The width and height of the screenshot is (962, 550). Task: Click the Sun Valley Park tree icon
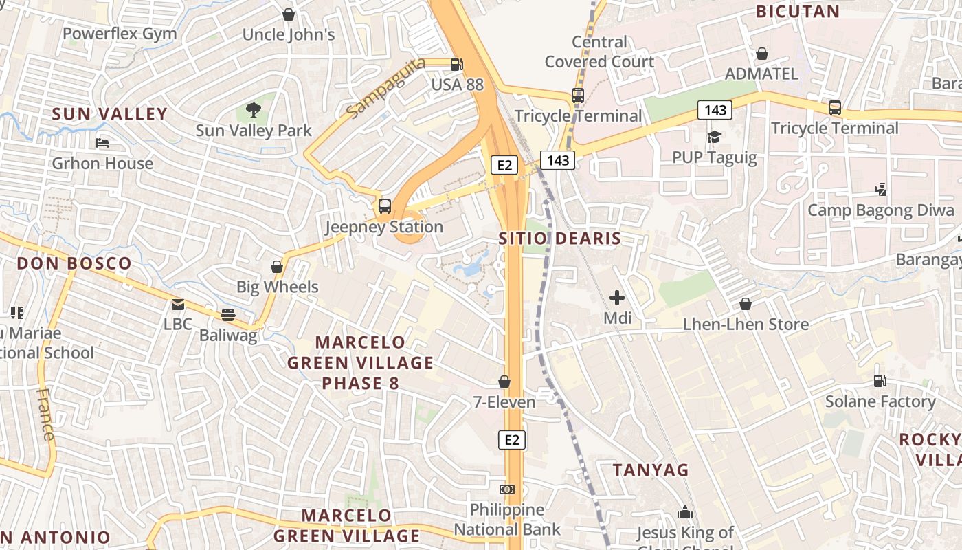(x=254, y=110)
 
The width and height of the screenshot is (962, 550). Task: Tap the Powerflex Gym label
(x=120, y=34)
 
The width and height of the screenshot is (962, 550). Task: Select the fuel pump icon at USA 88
(x=456, y=65)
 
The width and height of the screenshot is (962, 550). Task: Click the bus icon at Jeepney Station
(x=385, y=206)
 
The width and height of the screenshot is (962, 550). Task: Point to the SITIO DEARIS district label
(x=559, y=239)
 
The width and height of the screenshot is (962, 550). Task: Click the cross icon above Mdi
(x=617, y=298)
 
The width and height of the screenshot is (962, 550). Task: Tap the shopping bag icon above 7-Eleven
(x=504, y=382)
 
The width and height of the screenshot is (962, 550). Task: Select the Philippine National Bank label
(x=507, y=520)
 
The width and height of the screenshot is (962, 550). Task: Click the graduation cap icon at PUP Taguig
(x=714, y=137)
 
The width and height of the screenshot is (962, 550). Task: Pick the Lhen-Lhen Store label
(x=746, y=324)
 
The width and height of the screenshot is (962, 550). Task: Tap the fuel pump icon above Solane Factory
(x=880, y=381)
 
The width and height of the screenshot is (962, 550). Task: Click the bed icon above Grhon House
(x=102, y=143)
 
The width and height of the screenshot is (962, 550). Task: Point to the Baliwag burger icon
(x=228, y=315)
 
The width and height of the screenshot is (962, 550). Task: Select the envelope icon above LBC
(x=178, y=304)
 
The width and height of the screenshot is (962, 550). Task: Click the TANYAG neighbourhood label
(x=650, y=470)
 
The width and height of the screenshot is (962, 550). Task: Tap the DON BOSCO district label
(x=74, y=263)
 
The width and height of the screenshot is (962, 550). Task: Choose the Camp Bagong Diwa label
(x=881, y=210)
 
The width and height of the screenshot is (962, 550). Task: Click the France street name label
(x=46, y=414)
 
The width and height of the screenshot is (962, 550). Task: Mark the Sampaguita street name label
(x=385, y=88)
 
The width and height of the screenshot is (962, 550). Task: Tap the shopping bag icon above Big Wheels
(x=277, y=266)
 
